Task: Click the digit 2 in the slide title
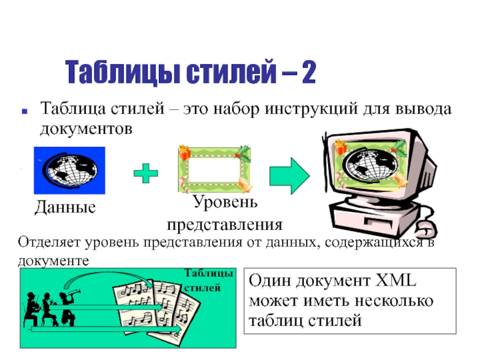308,72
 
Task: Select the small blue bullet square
25,111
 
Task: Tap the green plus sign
146,173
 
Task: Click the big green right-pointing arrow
290,176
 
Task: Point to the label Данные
65,207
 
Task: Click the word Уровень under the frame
225,202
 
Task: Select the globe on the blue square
71,169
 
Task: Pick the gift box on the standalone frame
185,153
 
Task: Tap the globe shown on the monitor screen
371,166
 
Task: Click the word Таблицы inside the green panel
209,274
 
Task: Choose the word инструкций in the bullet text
311,109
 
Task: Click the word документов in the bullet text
86,128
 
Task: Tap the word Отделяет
49,242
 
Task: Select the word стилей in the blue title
232,72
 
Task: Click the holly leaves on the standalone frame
244,153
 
